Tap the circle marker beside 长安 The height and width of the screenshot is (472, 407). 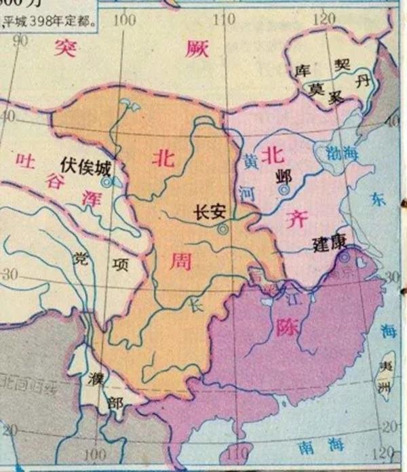(222, 230)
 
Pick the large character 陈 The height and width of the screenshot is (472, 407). (286, 328)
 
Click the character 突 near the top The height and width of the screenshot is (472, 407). (66, 47)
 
